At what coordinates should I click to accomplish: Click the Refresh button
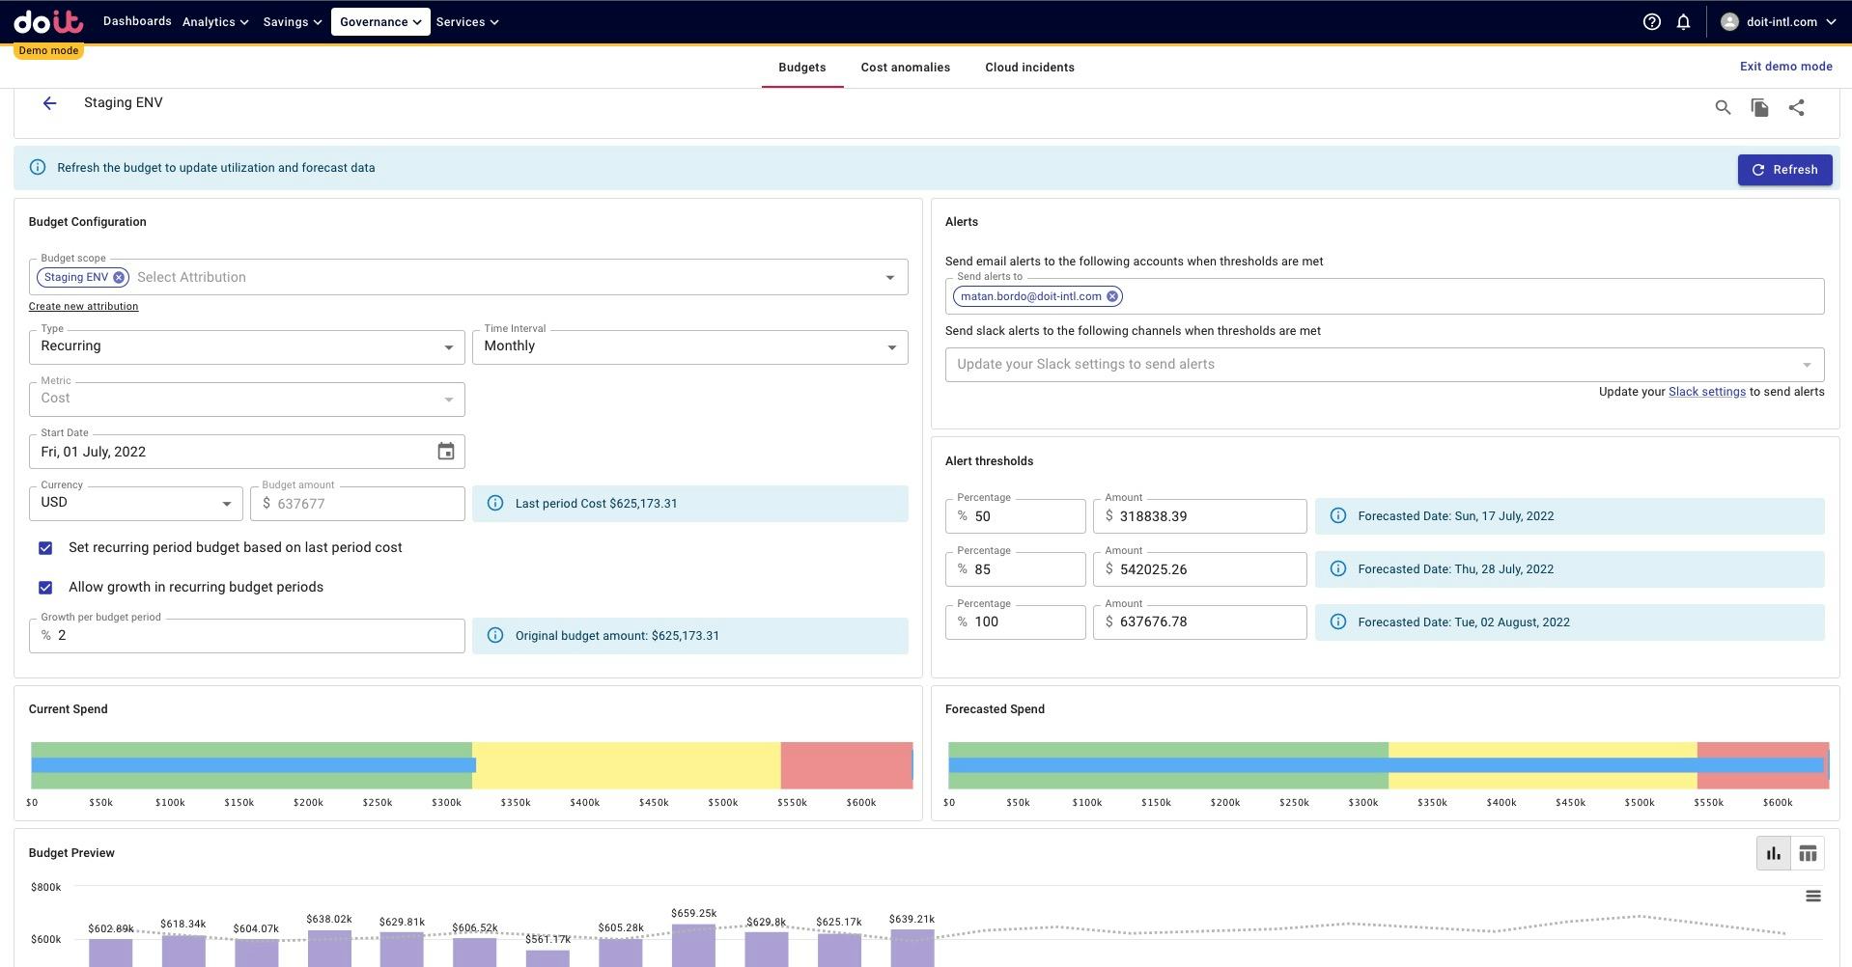1784,170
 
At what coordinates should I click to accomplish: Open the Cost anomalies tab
905,68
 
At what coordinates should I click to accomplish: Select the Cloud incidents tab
1029,68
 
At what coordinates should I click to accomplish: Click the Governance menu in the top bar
380,21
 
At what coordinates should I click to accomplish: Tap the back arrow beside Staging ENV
49,103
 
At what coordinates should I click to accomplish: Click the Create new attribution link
83,307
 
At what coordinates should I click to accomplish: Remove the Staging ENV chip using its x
119,278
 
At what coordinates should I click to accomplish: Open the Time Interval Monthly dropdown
689,347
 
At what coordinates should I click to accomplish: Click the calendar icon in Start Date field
445,452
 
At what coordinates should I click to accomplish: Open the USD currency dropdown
135,503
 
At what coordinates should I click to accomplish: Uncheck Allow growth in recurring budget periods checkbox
45,588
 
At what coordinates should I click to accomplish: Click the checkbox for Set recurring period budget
45,548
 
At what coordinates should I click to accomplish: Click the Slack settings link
1706,392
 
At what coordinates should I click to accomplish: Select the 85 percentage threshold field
1024,569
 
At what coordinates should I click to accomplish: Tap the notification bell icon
1683,21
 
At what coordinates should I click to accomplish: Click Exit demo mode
1785,67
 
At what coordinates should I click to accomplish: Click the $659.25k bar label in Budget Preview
693,913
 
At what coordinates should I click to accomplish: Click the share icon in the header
1796,108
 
